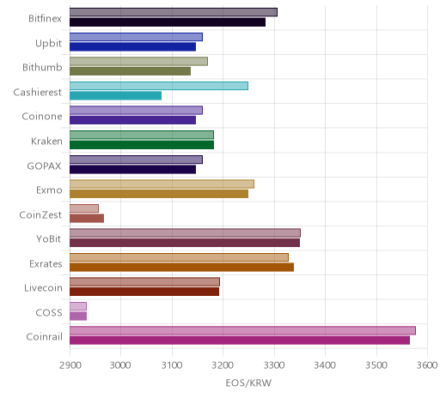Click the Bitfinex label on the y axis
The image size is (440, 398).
click(x=45, y=19)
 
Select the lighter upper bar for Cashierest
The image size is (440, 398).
click(x=159, y=86)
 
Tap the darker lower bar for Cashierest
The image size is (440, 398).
click(x=115, y=95)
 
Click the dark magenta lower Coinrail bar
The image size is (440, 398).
click(x=240, y=341)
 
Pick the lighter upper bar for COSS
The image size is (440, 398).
click(x=78, y=306)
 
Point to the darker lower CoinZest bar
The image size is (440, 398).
click(x=87, y=218)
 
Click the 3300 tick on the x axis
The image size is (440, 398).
click(x=274, y=365)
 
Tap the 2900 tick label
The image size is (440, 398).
click(x=70, y=365)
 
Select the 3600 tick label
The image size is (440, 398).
click(x=427, y=365)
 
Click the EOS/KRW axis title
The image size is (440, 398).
click(x=248, y=383)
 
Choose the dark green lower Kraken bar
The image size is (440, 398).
click(x=142, y=145)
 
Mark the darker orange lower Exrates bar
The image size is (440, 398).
click(x=181, y=268)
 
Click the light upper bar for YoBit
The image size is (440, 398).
click(x=185, y=232)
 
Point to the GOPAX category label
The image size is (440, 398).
click(x=44, y=166)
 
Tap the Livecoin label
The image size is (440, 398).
click(x=43, y=288)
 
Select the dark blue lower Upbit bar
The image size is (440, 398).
click(x=132, y=46)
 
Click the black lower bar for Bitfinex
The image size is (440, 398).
click(x=168, y=22)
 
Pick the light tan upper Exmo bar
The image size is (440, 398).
click(x=162, y=184)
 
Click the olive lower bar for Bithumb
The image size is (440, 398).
click(x=130, y=71)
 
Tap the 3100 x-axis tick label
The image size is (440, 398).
click(x=172, y=365)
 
